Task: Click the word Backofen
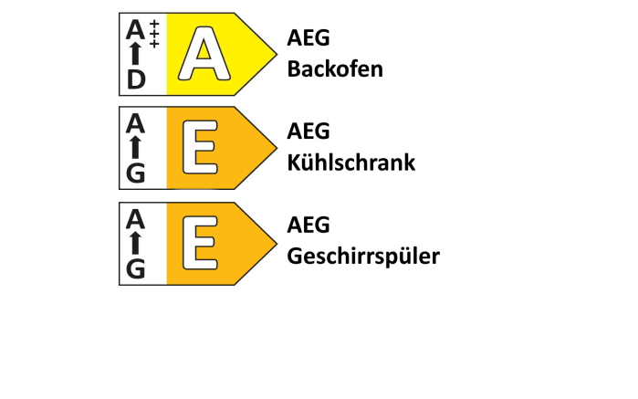click(335, 68)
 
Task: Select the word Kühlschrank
click(351, 163)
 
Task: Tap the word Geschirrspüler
click(363, 257)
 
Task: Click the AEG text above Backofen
click(309, 37)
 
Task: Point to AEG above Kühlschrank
click(309, 131)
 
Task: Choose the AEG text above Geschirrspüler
click(309, 225)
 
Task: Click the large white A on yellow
click(204, 53)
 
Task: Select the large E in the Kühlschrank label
click(200, 147)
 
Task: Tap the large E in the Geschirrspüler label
click(200, 243)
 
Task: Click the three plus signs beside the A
click(154, 34)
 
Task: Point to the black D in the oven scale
click(136, 79)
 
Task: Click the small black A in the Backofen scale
click(135, 29)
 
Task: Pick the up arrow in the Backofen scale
click(136, 54)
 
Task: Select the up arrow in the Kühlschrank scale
click(136, 147)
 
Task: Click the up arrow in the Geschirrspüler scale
click(136, 243)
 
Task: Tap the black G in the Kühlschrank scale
click(136, 173)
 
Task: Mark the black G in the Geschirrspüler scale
click(136, 268)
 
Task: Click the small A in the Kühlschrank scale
click(135, 123)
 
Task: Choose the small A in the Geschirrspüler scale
click(135, 218)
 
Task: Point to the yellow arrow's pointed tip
click(277, 54)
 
